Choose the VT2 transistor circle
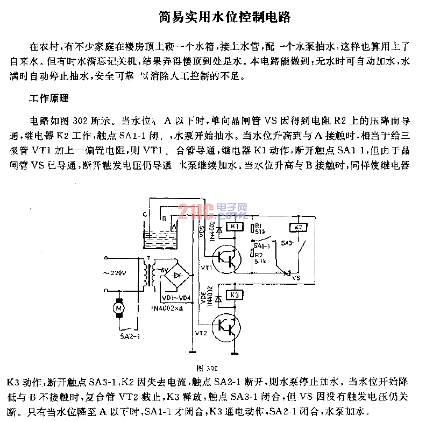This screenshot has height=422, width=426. (226, 325)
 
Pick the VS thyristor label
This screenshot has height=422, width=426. (295, 278)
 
